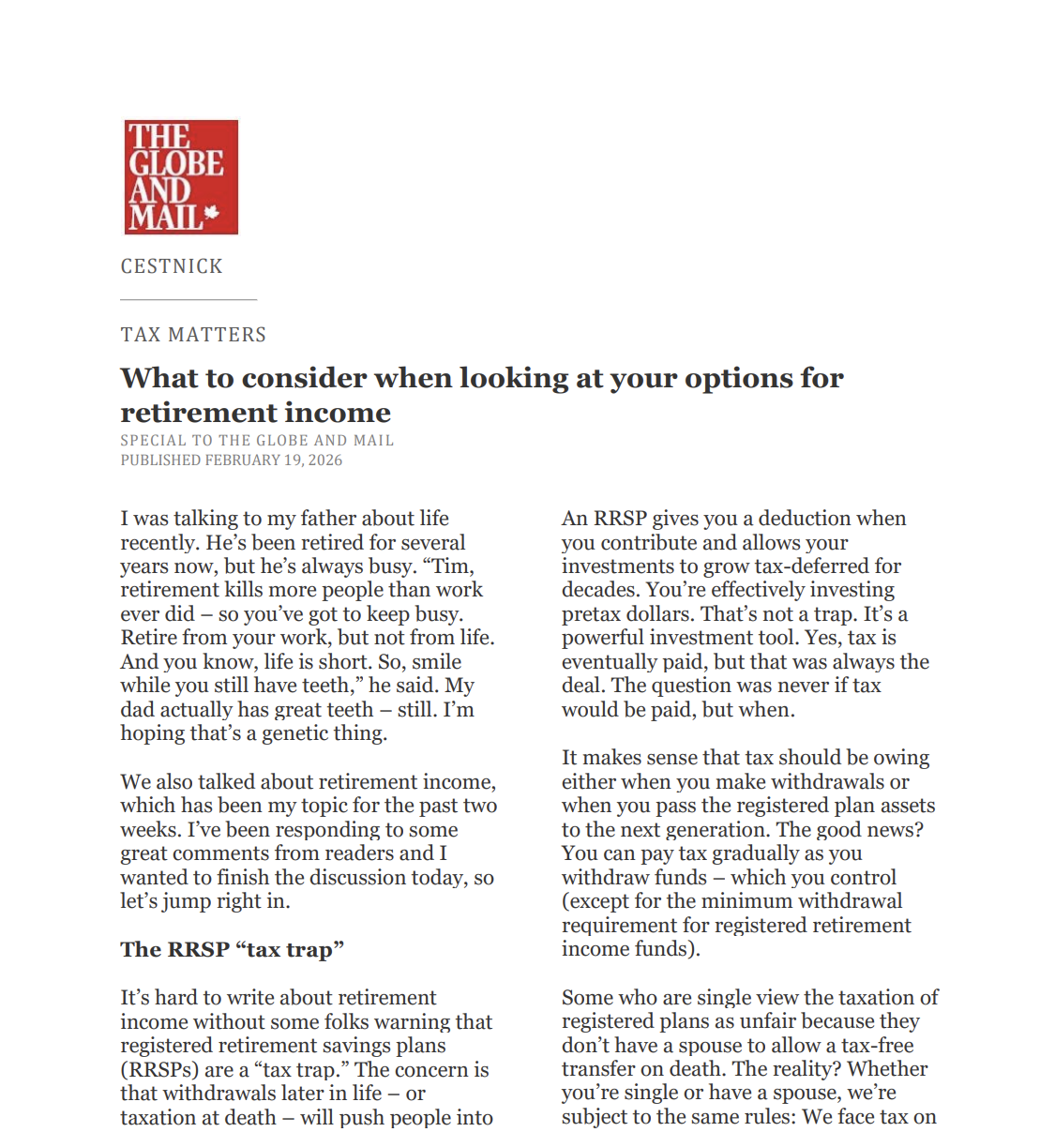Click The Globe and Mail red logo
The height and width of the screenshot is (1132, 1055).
(x=181, y=176)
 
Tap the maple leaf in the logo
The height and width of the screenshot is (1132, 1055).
(x=212, y=213)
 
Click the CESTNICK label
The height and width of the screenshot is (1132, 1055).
(x=172, y=266)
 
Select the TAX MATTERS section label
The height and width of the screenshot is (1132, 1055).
(x=193, y=335)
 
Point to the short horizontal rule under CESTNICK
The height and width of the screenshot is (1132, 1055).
(x=188, y=299)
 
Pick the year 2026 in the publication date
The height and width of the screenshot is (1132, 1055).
(x=325, y=460)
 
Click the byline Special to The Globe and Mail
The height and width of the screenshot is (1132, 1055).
(x=257, y=440)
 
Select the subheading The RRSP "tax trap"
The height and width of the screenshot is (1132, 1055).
(x=232, y=949)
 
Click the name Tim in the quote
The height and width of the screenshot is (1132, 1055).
(x=451, y=566)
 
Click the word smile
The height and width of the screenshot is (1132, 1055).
(x=436, y=661)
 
